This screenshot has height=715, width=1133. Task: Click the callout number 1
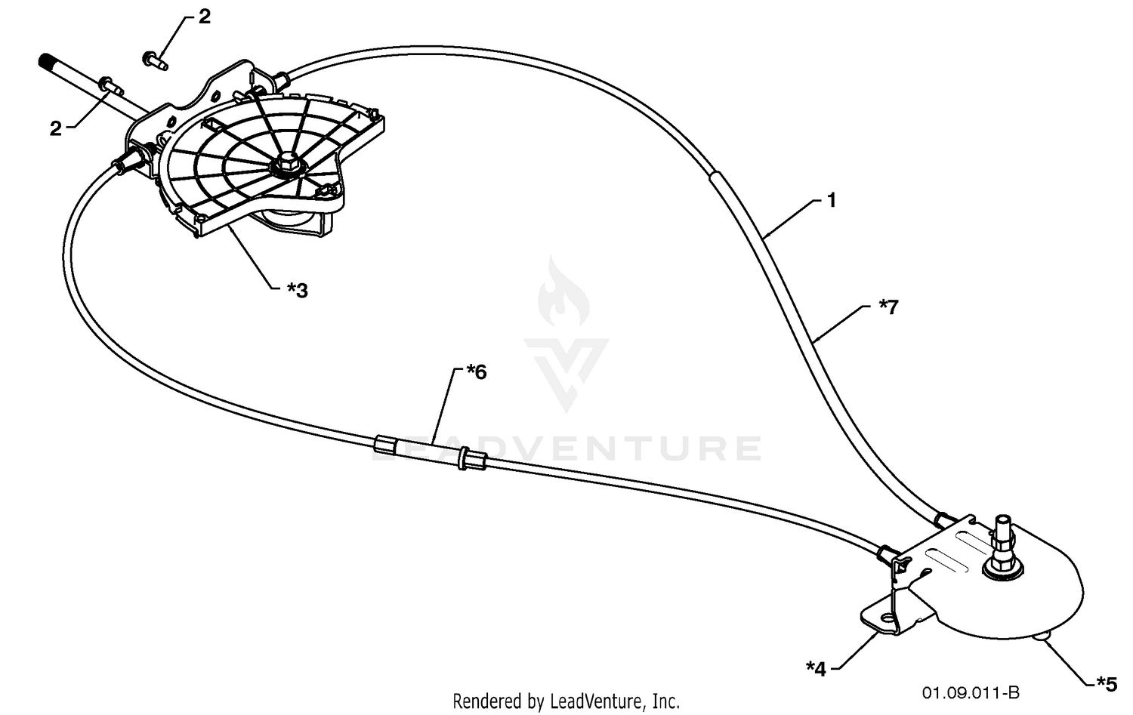pyautogui.click(x=832, y=201)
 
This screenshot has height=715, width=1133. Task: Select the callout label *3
pyautogui.click(x=298, y=291)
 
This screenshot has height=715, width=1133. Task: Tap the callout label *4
pyautogui.click(x=816, y=669)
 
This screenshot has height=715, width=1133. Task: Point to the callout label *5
pyautogui.click(x=1107, y=683)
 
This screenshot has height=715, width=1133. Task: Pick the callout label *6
pyautogui.click(x=476, y=373)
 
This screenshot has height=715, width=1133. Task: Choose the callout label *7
pyautogui.click(x=889, y=307)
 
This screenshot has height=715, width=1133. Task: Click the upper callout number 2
pyautogui.click(x=204, y=17)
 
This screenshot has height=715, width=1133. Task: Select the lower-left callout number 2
pyautogui.click(x=55, y=128)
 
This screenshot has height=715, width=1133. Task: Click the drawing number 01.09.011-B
pyautogui.click(x=971, y=692)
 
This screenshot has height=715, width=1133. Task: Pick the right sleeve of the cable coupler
pyautogui.click(x=472, y=459)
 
